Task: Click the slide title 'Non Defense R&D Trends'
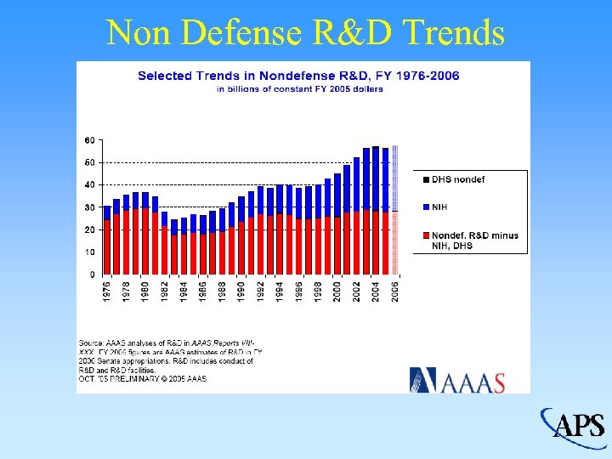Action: click(x=306, y=33)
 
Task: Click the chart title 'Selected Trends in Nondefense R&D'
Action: click(x=298, y=76)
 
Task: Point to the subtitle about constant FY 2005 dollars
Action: click(x=298, y=88)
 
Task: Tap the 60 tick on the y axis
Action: click(x=89, y=139)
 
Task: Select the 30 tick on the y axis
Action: click(x=89, y=207)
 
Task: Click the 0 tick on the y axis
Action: click(x=92, y=275)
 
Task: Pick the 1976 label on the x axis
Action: click(x=107, y=290)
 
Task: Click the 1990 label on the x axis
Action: click(x=241, y=290)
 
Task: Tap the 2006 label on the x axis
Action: click(x=394, y=290)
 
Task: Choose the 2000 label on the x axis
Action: click(x=337, y=290)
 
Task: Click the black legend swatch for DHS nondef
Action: click(x=426, y=179)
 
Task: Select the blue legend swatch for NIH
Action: click(x=426, y=207)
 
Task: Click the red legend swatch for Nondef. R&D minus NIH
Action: click(x=426, y=235)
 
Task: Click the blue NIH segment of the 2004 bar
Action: click(x=376, y=178)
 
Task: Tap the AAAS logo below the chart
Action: click(x=457, y=380)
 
